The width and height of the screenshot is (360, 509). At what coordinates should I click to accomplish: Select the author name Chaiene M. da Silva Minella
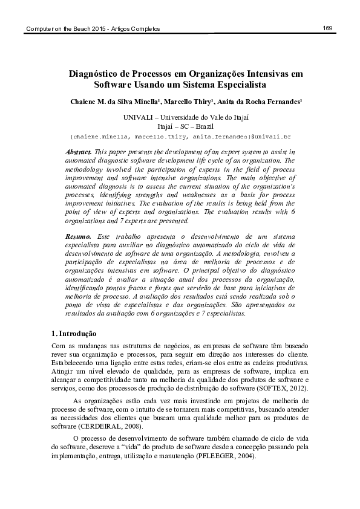[x=112, y=102]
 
